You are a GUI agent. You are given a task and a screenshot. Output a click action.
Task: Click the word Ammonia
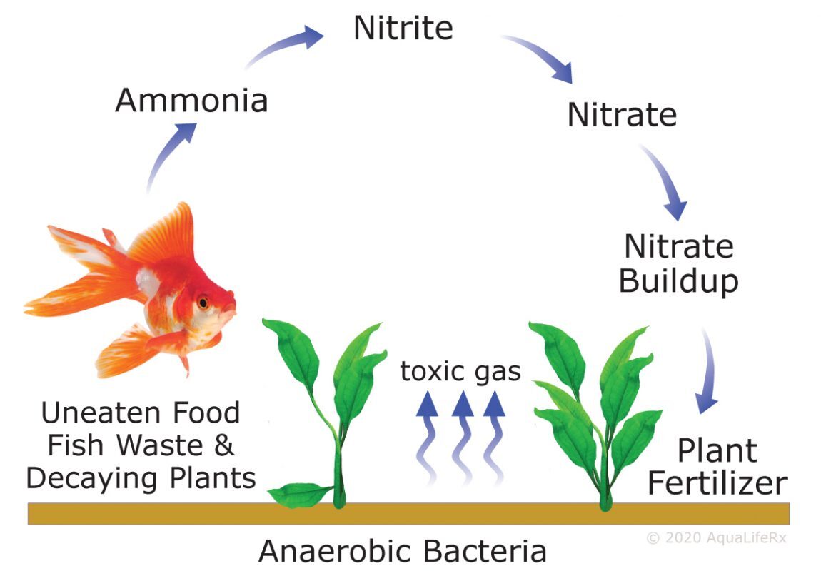191,100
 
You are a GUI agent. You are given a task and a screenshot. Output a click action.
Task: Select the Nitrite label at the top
403,28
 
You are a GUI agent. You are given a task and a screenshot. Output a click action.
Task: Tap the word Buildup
679,282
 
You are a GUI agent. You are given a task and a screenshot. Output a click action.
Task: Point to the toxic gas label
460,371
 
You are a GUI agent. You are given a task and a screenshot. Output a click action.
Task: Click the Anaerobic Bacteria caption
402,551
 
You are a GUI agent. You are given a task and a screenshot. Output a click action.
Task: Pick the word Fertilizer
717,482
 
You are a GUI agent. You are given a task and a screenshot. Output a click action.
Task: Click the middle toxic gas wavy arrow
462,437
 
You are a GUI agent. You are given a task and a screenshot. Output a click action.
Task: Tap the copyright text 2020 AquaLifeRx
717,537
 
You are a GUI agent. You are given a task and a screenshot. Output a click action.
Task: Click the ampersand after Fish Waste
224,445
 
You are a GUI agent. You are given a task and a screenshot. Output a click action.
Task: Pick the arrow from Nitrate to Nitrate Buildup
664,181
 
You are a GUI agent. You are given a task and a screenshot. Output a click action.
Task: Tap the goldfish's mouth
231,312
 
